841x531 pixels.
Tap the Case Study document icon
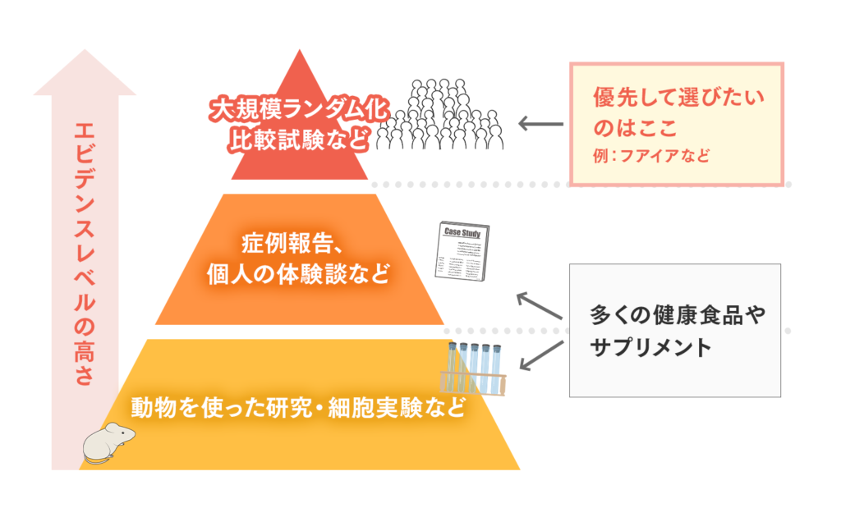pos(462,255)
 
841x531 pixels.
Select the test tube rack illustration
pos(475,368)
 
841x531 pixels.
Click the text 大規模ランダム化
pos(299,110)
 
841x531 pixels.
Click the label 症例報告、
pos(298,243)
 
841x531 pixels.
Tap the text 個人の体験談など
pos(298,273)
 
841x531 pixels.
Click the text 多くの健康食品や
pos(677,316)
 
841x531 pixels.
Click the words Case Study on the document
pos(462,232)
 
